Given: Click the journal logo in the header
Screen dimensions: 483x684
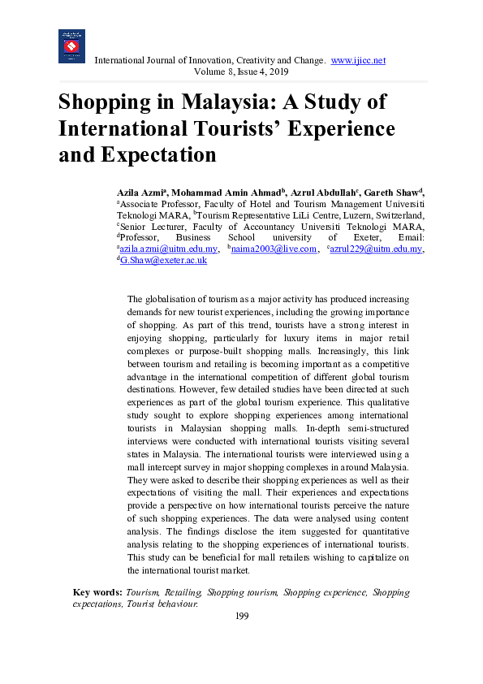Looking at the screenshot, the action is tap(71, 46).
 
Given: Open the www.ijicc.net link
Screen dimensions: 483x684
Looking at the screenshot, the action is tap(358, 61).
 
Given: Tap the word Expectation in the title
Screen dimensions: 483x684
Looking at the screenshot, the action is tap(149, 154).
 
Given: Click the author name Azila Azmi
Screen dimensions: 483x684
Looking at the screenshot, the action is tap(140, 192).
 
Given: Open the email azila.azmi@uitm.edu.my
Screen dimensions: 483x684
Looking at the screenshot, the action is tap(169, 249).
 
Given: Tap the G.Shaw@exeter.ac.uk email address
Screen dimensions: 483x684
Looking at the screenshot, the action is tap(163, 260).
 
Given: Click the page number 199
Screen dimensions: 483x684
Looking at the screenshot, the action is tap(241, 617).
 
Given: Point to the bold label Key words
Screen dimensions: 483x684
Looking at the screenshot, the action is tap(98, 593).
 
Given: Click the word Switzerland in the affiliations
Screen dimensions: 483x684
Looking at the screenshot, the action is tap(397, 214).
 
